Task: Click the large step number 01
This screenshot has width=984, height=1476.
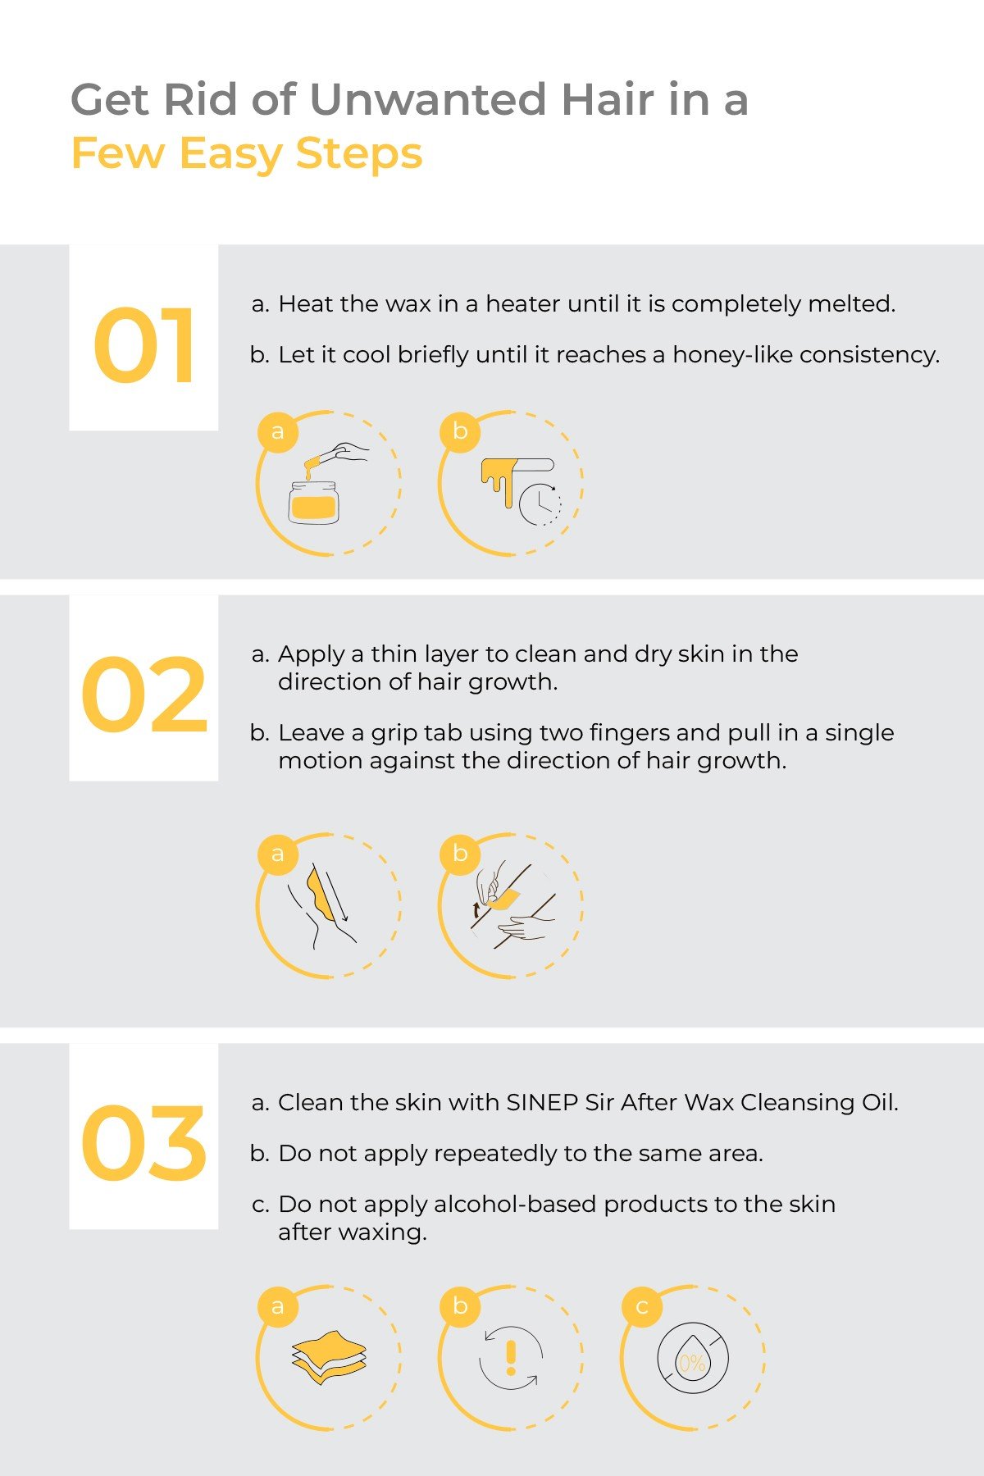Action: (x=144, y=345)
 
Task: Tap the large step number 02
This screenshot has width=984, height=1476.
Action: (x=144, y=695)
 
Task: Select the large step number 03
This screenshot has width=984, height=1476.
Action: (x=144, y=1142)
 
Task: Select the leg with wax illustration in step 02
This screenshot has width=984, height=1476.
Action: (x=322, y=905)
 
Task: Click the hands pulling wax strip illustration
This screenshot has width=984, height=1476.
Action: (x=512, y=905)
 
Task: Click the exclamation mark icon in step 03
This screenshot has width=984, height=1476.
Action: (x=511, y=1357)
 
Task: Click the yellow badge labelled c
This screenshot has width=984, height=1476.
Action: (x=642, y=1306)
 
